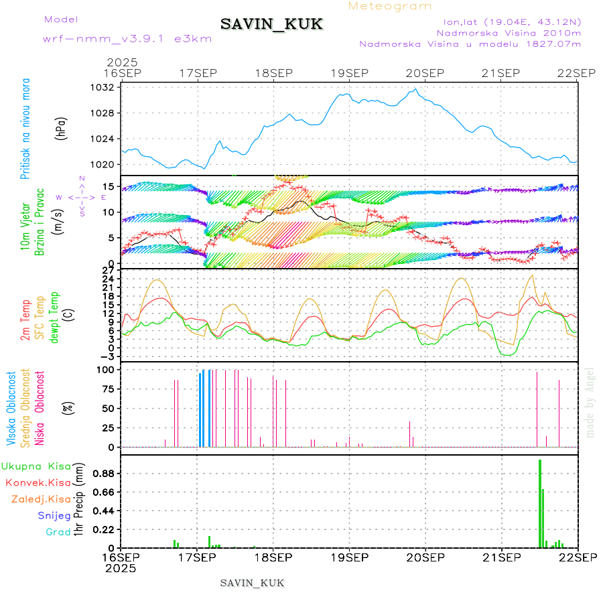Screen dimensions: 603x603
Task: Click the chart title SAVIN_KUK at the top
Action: tap(271, 25)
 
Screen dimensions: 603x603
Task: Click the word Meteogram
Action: tap(390, 6)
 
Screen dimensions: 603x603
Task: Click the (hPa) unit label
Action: tap(62, 127)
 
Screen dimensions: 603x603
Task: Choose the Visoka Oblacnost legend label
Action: tap(11, 408)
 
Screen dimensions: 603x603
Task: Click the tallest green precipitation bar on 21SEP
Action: tap(539, 503)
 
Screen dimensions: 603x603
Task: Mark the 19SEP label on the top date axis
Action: tap(350, 73)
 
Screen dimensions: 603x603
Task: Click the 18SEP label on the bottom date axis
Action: tap(273, 556)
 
